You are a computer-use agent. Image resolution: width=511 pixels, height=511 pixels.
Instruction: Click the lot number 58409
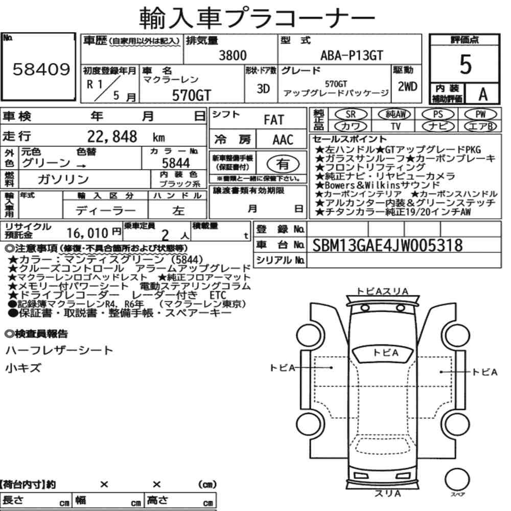click(41, 69)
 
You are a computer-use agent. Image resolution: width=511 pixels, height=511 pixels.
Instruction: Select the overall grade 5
click(466, 64)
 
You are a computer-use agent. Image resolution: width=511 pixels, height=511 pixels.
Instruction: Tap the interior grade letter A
click(483, 95)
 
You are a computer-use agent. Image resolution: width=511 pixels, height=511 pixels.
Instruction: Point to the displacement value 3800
click(233, 55)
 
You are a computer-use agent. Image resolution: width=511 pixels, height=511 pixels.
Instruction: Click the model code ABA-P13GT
click(352, 55)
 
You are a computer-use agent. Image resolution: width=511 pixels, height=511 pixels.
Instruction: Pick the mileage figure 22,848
click(112, 136)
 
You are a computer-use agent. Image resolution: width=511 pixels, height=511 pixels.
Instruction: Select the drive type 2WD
click(407, 86)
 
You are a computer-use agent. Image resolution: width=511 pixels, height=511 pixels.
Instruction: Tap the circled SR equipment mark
click(351, 114)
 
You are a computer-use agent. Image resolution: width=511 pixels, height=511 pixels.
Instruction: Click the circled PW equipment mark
click(480, 114)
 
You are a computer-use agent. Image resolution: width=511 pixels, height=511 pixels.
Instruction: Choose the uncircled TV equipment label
click(396, 126)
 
